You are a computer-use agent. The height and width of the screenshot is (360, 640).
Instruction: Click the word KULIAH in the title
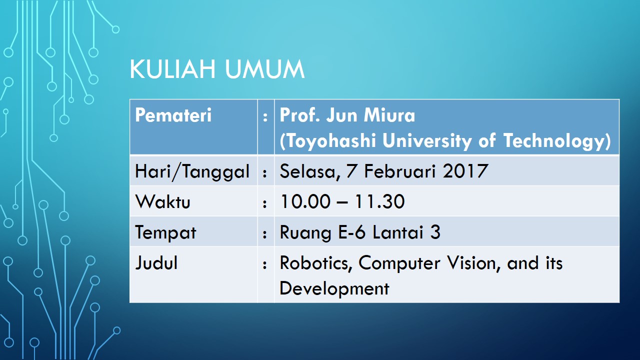(172, 69)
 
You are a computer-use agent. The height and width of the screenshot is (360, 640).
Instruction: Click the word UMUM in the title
(264, 69)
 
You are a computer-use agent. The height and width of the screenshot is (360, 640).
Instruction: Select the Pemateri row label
(173, 115)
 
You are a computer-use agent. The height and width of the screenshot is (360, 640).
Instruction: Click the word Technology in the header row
(553, 140)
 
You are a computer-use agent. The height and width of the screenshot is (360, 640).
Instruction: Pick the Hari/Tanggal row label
(192, 171)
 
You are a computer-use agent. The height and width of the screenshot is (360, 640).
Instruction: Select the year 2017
(465, 171)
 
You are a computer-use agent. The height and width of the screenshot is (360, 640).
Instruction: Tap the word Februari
(400, 171)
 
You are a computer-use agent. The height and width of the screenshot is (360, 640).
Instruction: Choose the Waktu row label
(162, 201)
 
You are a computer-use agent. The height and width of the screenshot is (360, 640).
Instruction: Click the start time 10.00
(305, 201)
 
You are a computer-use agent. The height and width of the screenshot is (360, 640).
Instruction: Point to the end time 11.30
(379, 201)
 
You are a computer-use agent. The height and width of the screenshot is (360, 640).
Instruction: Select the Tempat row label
(165, 233)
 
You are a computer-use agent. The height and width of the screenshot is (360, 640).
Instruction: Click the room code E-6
(352, 231)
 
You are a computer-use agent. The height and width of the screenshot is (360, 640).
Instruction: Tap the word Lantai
(398, 231)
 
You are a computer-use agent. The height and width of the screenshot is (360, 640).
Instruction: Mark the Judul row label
(156, 262)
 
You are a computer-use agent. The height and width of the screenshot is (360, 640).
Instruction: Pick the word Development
(334, 288)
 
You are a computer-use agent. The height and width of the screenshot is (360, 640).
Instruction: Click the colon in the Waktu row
(265, 203)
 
